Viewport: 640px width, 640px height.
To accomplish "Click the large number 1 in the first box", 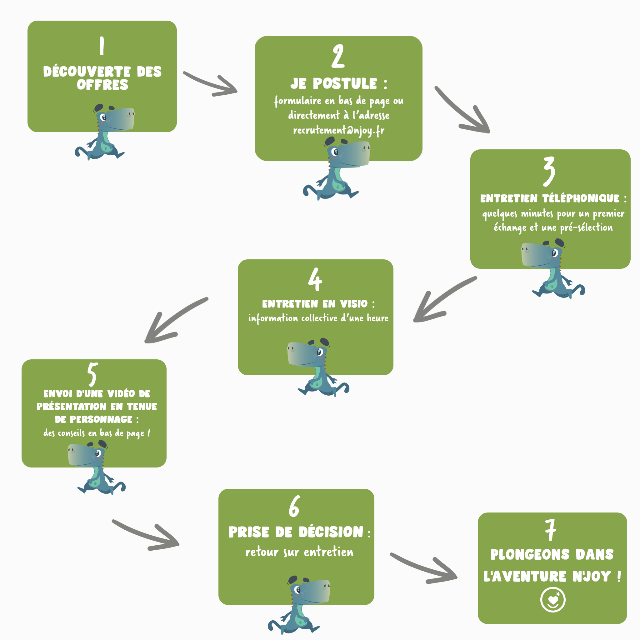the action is pyautogui.click(x=102, y=46).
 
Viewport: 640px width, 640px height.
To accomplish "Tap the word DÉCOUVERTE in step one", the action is pyautogui.click(x=87, y=72).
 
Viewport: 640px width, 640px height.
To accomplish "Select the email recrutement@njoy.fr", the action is pyautogui.click(x=338, y=131).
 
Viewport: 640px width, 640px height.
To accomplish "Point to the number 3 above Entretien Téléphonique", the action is pyautogui.click(x=549, y=171).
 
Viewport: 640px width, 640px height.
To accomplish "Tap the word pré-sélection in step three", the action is pyautogui.click(x=586, y=227).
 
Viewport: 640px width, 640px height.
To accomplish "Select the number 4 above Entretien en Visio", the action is pyautogui.click(x=315, y=279).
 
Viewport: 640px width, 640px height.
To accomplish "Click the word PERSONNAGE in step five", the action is pyautogui.click(x=101, y=419).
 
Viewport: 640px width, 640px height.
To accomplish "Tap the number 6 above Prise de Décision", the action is pyautogui.click(x=294, y=507).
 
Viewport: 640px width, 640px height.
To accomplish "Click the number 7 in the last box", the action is pyautogui.click(x=551, y=530).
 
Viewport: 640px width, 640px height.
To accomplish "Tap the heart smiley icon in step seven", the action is pyautogui.click(x=552, y=600).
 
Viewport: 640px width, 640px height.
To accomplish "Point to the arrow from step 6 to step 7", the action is pyautogui.click(x=424, y=568).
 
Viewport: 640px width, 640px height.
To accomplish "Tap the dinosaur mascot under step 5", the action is pyautogui.click(x=96, y=467).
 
